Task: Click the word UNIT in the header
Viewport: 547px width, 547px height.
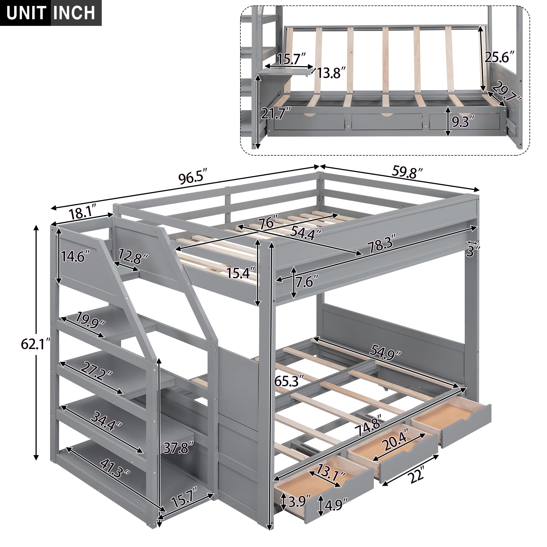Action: coord(26,13)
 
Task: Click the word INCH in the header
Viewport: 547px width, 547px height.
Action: coord(74,13)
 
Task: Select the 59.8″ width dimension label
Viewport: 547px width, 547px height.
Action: coord(408,172)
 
